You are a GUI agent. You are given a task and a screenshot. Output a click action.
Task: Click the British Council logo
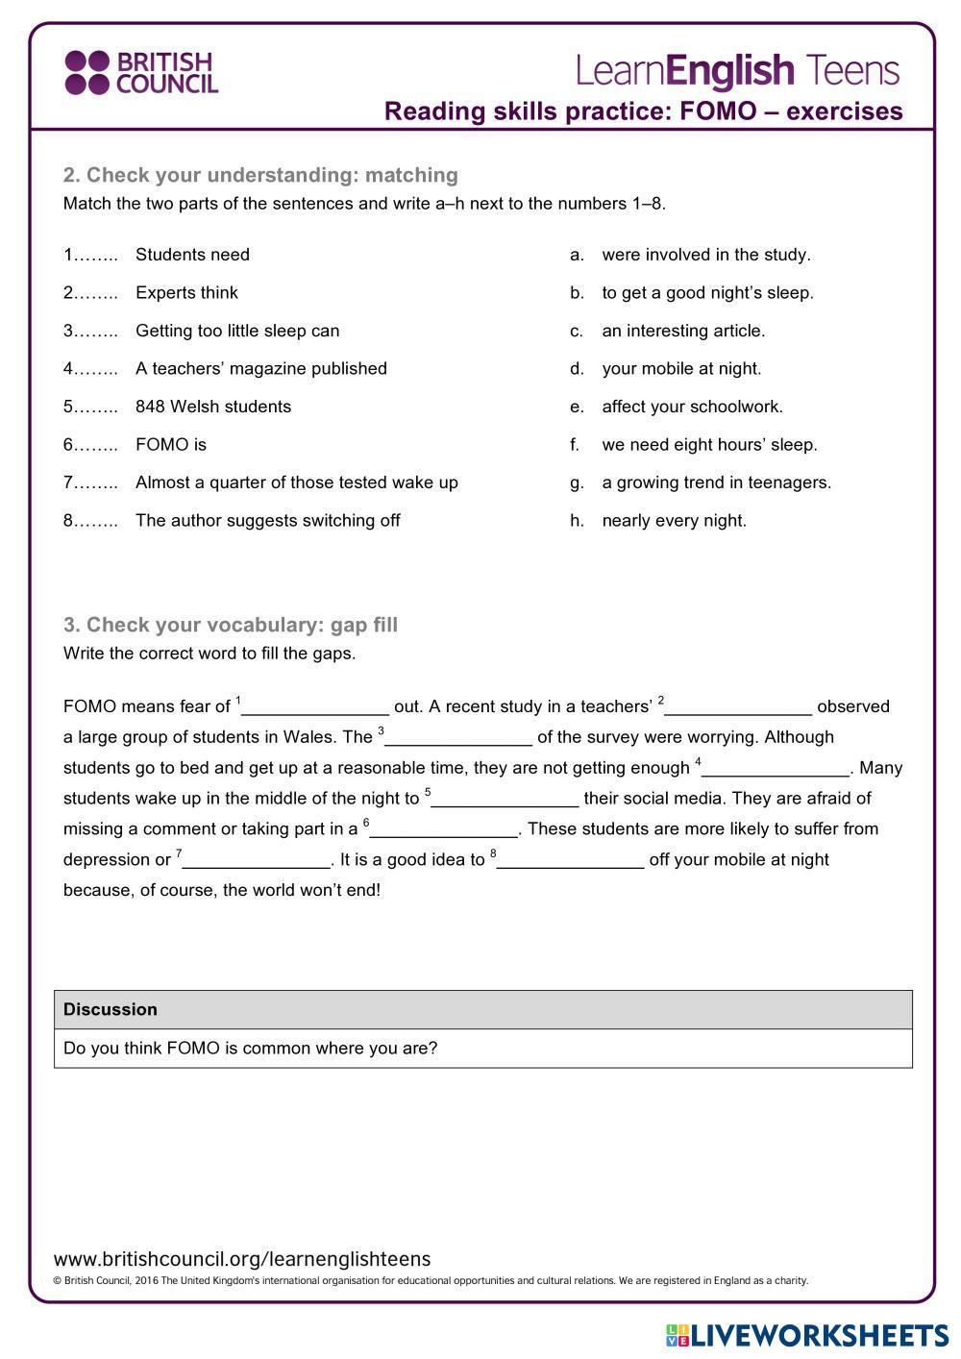point(141,73)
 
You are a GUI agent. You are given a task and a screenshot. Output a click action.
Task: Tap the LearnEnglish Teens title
point(737,72)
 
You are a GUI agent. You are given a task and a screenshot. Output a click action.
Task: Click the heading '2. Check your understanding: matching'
point(260,175)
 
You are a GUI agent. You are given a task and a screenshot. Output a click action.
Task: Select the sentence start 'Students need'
point(192,255)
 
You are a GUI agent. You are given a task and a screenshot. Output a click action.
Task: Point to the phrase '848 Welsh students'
point(213,407)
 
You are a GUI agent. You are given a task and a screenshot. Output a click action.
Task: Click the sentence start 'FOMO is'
point(171,445)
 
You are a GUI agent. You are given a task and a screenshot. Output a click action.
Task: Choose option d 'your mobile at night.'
point(680,369)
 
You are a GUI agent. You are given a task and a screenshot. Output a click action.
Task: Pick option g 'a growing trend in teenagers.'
point(716,482)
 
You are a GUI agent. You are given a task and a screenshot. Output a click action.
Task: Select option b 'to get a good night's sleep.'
point(707,293)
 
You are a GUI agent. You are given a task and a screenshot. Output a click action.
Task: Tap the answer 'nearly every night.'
point(674,521)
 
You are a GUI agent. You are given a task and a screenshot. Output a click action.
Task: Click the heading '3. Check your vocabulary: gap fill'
point(231,625)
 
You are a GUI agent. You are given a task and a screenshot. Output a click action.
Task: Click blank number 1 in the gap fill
point(315,707)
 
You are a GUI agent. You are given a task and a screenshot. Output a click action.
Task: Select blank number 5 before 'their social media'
point(505,799)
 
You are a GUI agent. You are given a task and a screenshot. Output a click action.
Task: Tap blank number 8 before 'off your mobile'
point(570,860)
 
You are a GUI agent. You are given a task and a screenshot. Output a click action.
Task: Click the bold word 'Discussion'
point(111,1009)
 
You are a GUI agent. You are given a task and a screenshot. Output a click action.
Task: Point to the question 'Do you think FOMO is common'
point(250,1048)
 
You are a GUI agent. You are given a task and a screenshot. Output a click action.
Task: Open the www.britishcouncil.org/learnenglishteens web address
point(242,1259)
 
